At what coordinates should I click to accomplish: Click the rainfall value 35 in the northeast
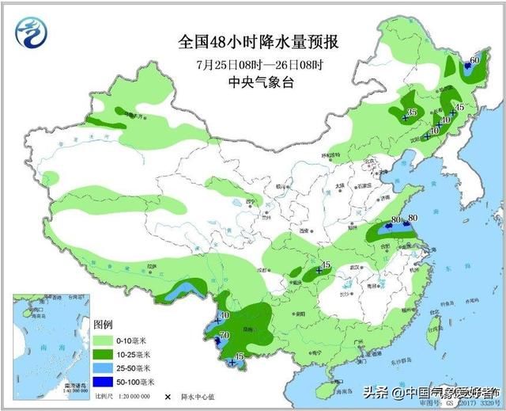(411, 112)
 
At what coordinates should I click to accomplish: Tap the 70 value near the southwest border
(224, 336)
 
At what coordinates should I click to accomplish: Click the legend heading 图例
(103, 325)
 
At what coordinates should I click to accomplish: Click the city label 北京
(366, 162)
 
